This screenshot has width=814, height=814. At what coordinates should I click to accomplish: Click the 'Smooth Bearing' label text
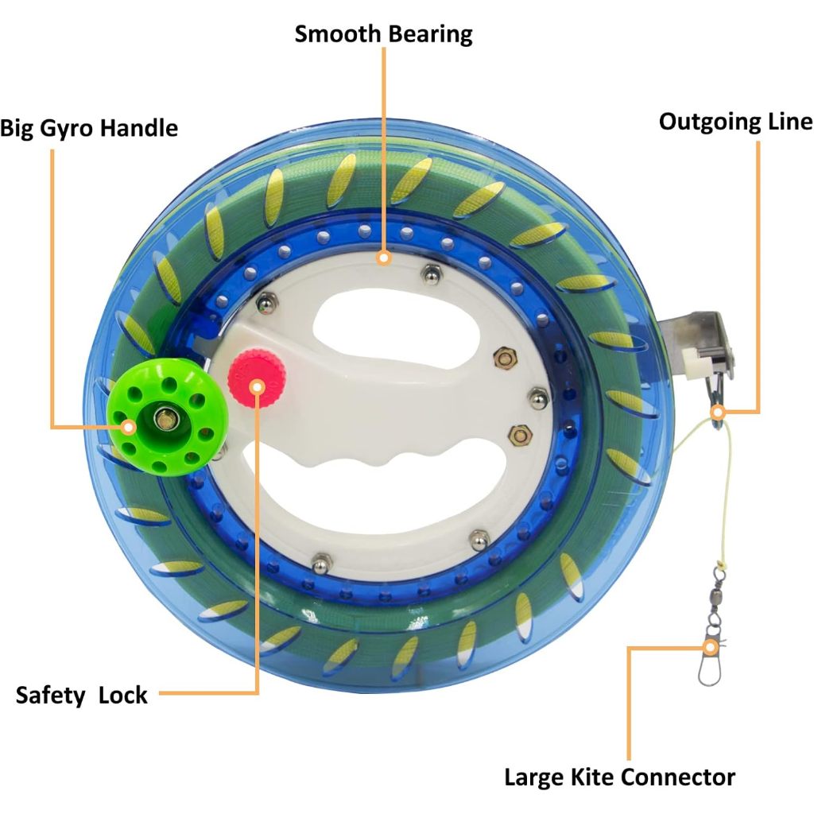click(383, 34)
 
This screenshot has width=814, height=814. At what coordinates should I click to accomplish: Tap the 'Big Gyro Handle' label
click(89, 128)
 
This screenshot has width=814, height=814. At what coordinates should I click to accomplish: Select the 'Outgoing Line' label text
click(735, 122)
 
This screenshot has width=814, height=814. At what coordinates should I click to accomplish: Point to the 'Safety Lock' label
click(82, 695)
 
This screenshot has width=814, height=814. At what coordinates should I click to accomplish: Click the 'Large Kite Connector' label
click(620, 777)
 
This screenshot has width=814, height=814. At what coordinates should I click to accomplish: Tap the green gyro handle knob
click(166, 421)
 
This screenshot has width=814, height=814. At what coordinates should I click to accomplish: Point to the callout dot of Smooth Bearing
click(384, 258)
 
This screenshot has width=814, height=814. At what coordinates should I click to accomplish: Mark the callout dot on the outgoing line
click(717, 413)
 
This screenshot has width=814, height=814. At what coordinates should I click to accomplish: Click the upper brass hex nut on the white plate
click(503, 359)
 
